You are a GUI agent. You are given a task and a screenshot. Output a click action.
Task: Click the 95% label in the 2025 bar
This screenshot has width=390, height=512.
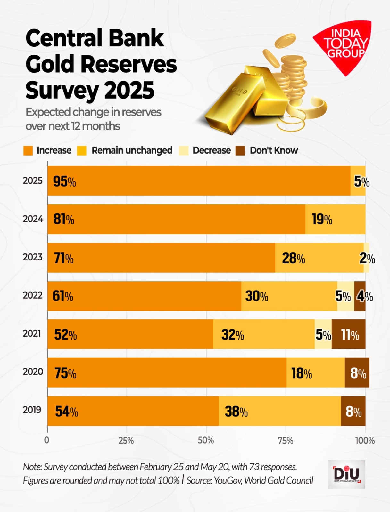(64, 181)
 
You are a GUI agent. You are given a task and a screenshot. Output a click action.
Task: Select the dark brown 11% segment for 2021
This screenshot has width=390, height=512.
(348, 334)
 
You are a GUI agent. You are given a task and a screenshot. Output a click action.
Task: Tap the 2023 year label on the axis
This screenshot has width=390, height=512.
(32, 257)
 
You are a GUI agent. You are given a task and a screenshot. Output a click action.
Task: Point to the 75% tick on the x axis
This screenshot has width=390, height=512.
(285, 441)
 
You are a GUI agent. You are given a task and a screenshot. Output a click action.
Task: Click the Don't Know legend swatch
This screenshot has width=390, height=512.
(240, 151)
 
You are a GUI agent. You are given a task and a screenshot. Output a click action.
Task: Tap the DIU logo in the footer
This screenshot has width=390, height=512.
(346, 474)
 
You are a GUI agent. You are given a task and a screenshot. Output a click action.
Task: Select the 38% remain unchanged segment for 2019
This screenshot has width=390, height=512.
(279, 411)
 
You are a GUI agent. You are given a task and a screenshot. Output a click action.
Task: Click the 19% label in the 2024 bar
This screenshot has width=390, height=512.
(322, 220)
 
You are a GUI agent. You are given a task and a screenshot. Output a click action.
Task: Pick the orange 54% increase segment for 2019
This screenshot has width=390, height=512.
(133, 411)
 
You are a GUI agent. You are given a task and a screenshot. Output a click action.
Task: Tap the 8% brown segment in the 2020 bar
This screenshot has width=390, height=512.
(357, 373)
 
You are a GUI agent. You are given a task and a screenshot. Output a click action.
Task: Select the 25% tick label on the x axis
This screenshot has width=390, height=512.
(126, 441)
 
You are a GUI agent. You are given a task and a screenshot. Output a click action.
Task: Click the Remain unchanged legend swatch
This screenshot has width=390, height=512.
(82, 151)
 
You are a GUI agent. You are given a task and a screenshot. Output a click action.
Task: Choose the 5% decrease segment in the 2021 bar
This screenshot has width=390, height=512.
(323, 334)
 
